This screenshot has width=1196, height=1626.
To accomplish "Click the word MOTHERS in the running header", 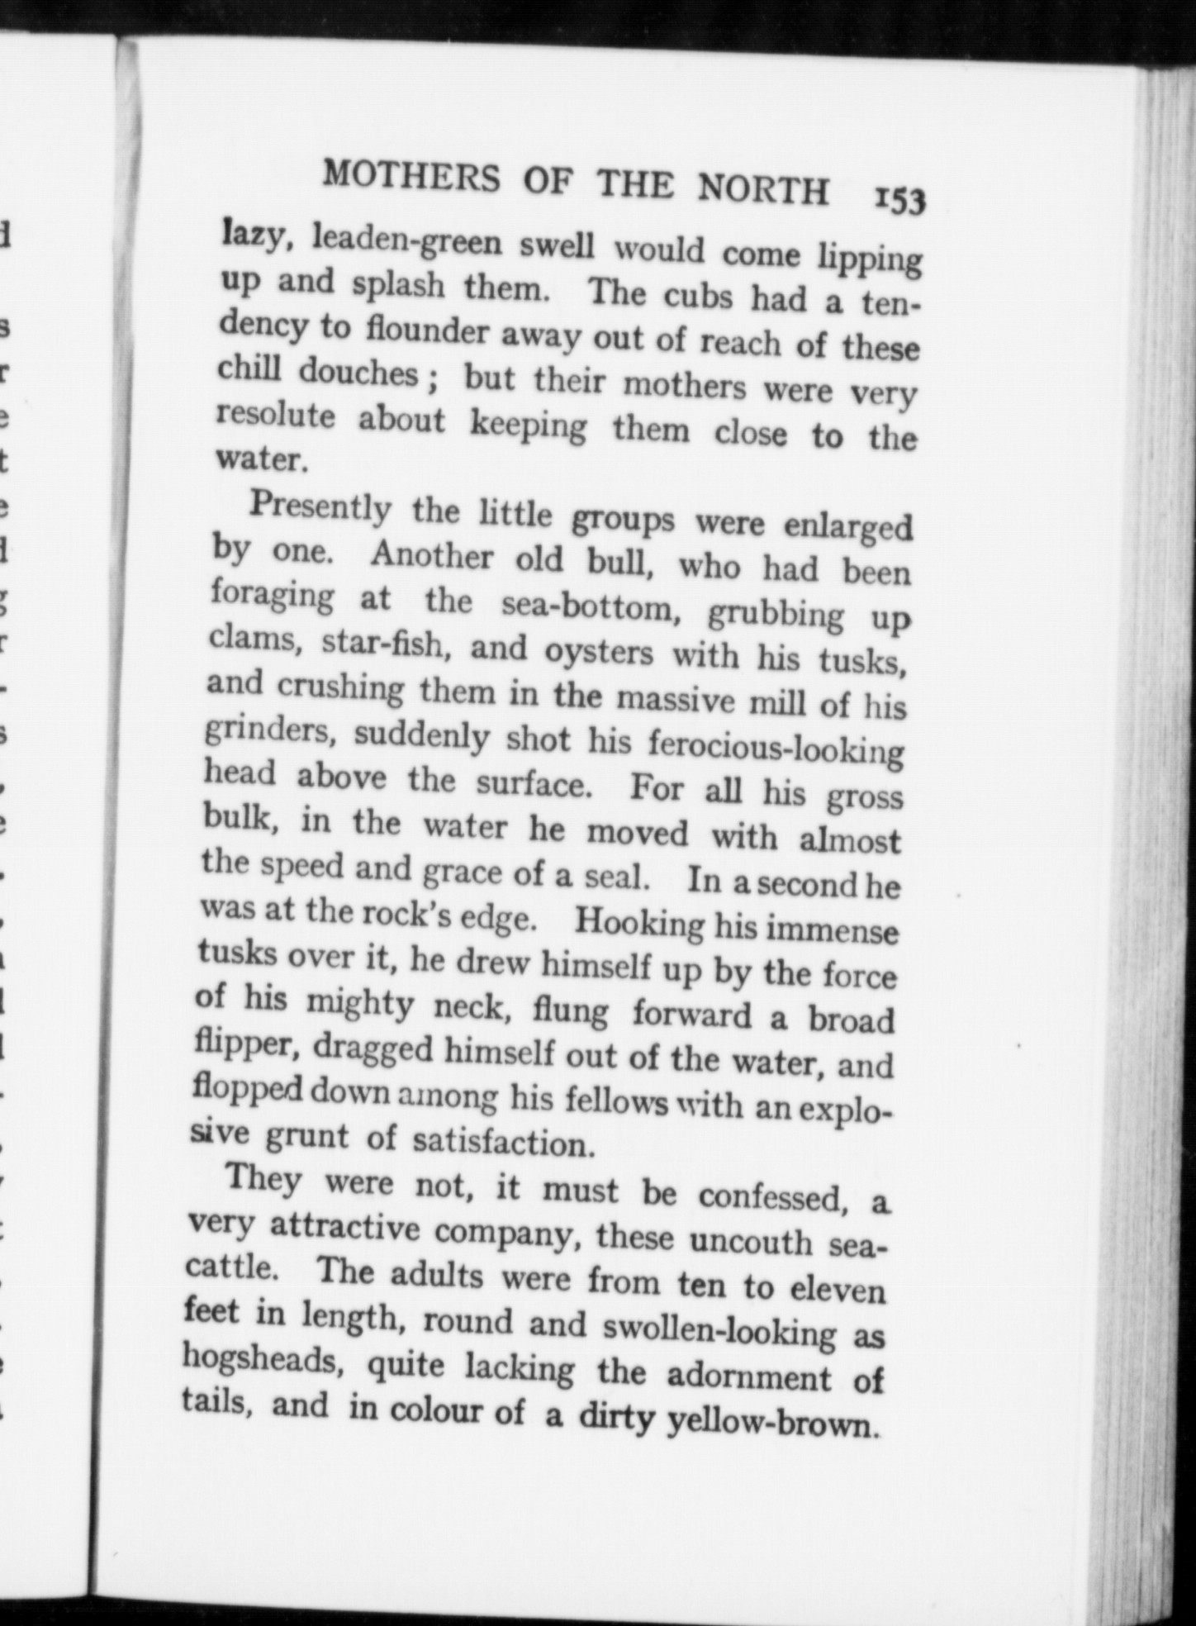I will (x=411, y=177).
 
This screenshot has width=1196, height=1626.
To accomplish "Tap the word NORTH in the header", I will (x=762, y=190).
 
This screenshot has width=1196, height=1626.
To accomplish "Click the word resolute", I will (x=276, y=416).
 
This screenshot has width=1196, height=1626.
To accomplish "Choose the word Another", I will (x=431, y=556).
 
